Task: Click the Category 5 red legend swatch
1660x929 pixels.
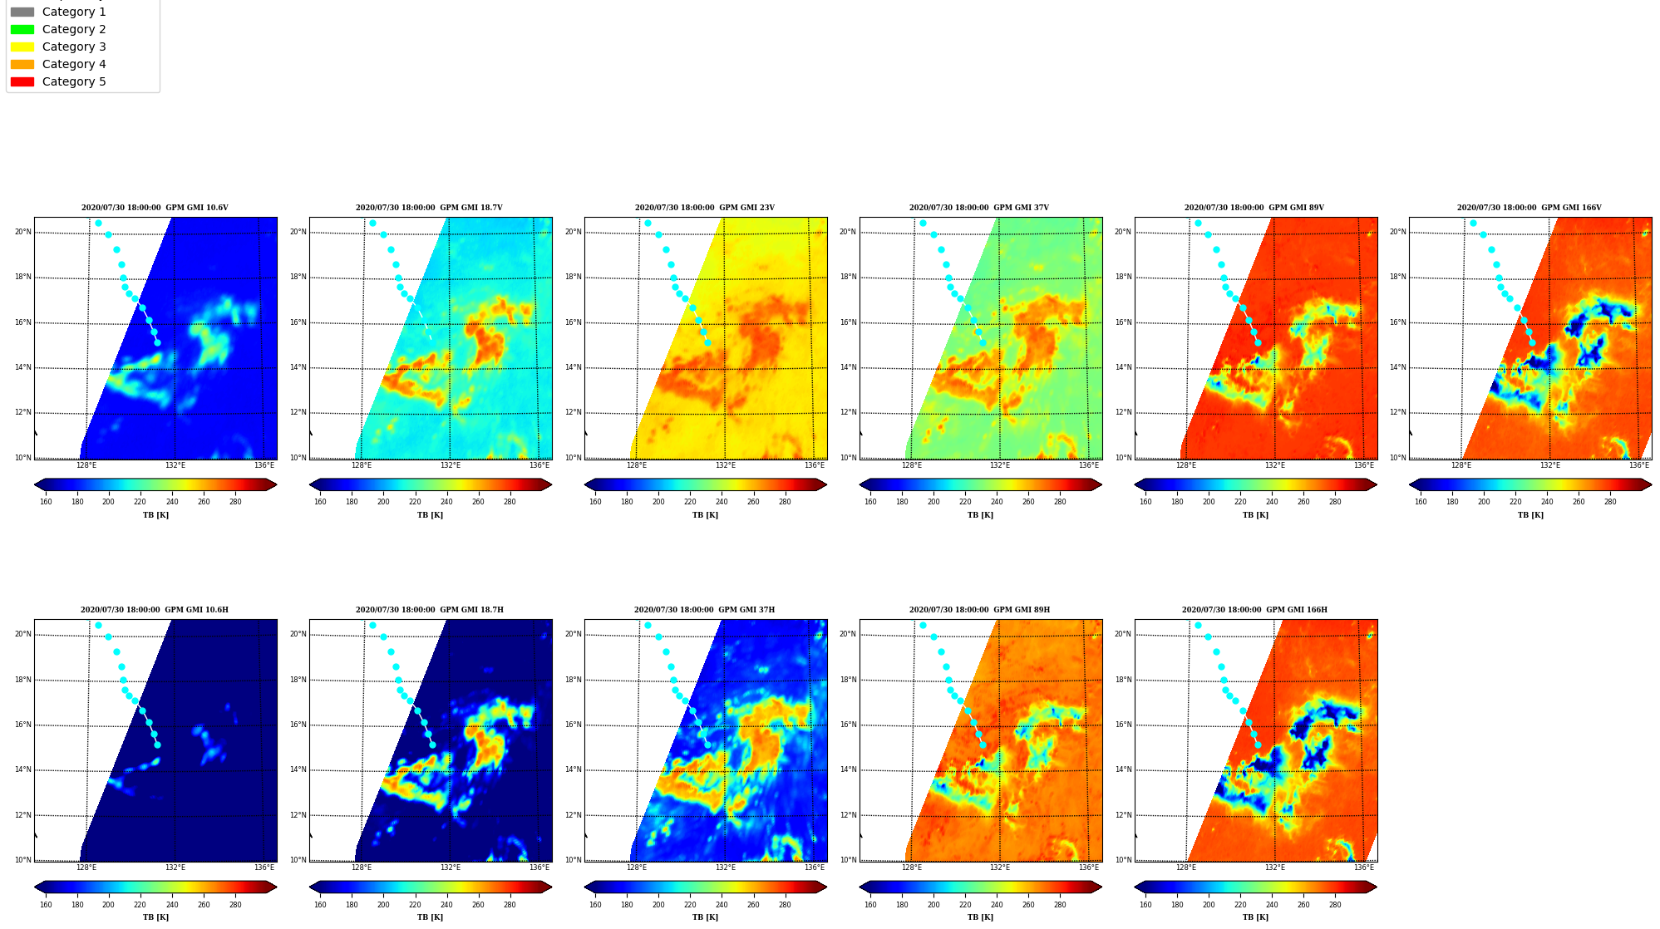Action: pyautogui.click(x=22, y=81)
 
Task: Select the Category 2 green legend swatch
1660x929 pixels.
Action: pyautogui.click(x=22, y=29)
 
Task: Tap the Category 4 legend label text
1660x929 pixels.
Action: pyautogui.click(x=74, y=64)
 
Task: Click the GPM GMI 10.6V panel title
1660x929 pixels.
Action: pyautogui.click(x=155, y=208)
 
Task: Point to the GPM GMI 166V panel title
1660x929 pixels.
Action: pyautogui.click(x=1529, y=208)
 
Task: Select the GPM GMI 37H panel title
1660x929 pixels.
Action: pyautogui.click(x=705, y=610)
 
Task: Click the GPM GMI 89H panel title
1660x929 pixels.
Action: pyautogui.click(x=979, y=610)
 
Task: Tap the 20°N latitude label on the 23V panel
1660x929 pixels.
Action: pyautogui.click(x=574, y=233)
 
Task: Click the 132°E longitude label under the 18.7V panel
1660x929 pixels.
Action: pyautogui.click(x=451, y=465)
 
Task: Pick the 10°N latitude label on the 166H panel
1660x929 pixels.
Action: pyautogui.click(x=1124, y=860)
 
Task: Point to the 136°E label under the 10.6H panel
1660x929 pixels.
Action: pyautogui.click(x=264, y=868)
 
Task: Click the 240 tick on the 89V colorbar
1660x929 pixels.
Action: pyautogui.click(x=1272, y=502)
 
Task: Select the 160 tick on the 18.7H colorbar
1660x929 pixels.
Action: pyautogui.click(x=320, y=904)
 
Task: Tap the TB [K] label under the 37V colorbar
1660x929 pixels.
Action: pyautogui.click(x=980, y=515)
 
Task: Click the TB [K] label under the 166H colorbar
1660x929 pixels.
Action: pyautogui.click(x=1255, y=917)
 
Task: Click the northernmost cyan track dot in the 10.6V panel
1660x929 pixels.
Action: pyautogui.click(x=98, y=223)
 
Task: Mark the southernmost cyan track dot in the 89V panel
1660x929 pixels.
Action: pyautogui.click(x=1258, y=342)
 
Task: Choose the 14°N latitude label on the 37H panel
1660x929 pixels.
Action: pyautogui.click(x=574, y=770)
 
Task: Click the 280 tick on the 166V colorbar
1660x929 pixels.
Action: pyautogui.click(x=1610, y=502)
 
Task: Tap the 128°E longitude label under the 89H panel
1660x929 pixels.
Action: pyautogui.click(x=912, y=868)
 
